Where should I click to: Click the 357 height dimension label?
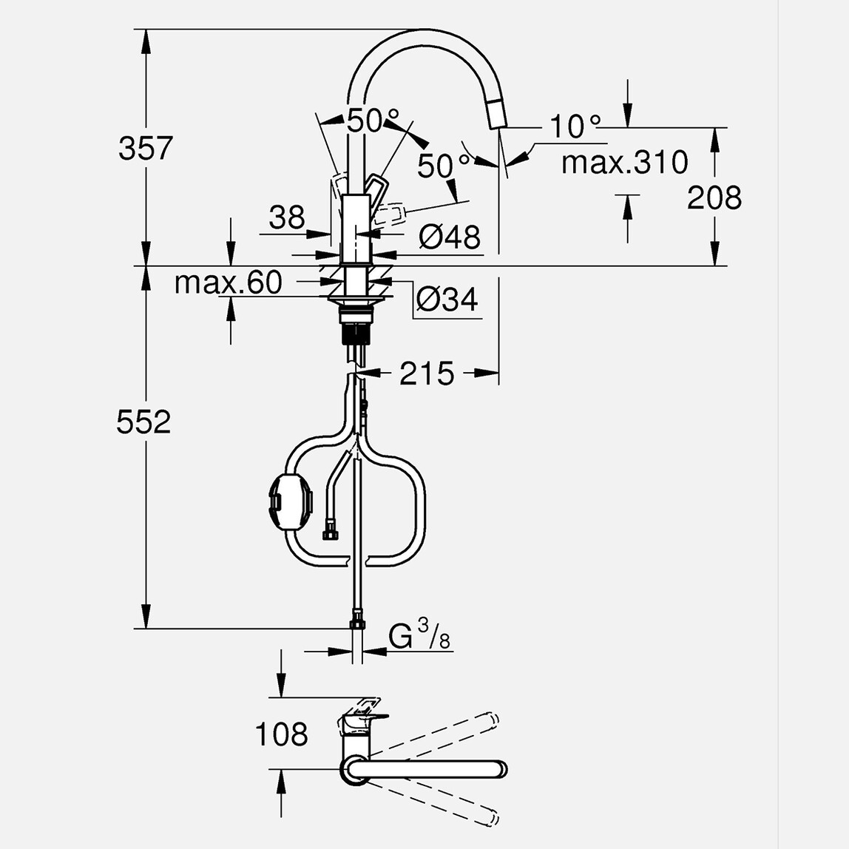(145, 149)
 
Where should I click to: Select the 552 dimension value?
(143, 422)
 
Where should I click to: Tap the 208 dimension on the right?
(714, 197)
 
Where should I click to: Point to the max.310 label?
(624, 162)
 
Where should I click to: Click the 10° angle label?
(575, 126)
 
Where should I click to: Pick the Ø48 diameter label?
(449, 237)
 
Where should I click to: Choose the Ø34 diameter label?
(447, 300)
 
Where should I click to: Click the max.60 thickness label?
(228, 283)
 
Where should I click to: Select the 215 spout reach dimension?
(427, 374)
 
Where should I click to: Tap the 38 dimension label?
(286, 217)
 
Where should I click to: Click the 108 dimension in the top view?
(281, 734)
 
